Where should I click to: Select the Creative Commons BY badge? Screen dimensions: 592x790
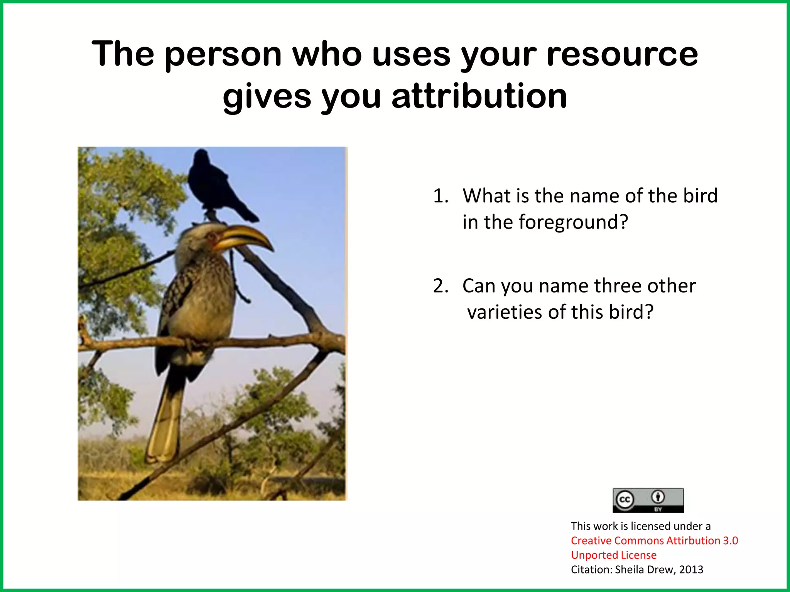coord(648,500)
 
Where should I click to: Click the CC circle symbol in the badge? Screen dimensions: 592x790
coord(625,500)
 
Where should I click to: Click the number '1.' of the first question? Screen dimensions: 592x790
coord(441,196)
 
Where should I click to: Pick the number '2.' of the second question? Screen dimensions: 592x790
coord(441,286)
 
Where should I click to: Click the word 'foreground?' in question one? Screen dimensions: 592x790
coord(573,222)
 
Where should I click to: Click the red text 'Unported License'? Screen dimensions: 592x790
coord(613,555)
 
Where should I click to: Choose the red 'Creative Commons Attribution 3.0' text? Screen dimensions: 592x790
coord(654,540)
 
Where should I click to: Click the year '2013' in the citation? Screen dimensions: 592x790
coord(691,570)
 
